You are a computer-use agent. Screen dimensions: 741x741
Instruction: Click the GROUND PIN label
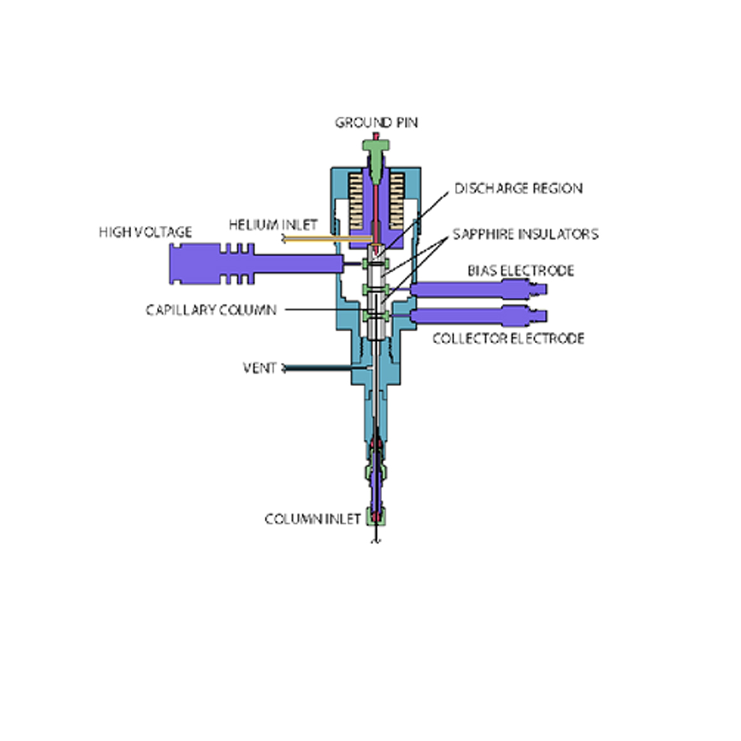pyautogui.click(x=376, y=123)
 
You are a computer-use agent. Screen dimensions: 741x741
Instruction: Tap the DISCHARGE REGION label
pyautogui.click(x=518, y=189)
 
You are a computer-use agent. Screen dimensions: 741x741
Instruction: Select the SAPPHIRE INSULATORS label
pyautogui.click(x=526, y=235)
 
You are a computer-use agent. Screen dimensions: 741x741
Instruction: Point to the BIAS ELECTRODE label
pyautogui.click(x=521, y=271)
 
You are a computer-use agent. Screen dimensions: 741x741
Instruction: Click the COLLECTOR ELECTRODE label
pyautogui.click(x=508, y=338)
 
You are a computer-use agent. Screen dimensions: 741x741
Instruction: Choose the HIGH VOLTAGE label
pyautogui.click(x=146, y=232)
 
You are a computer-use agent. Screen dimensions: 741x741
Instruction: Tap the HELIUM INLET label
pyautogui.click(x=273, y=225)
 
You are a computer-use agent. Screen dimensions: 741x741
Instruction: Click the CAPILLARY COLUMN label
pyautogui.click(x=211, y=310)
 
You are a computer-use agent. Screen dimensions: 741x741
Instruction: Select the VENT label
pyautogui.click(x=260, y=368)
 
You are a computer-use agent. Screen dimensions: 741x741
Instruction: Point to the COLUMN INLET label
pyautogui.click(x=312, y=520)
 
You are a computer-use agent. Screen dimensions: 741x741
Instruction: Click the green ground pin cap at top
pyautogui.click(x=376, y=145)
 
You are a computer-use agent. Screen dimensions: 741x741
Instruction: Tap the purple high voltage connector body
pyautogui.click(x=255, y=264)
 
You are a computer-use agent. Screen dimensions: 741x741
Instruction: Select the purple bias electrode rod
pyautogui.click(x=478, y=289)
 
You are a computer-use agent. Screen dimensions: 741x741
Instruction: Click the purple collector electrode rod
pyautogui.click(x=478, y=316)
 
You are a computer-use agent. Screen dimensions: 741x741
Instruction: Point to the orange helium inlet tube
pyautogui.click(x=327, y=239)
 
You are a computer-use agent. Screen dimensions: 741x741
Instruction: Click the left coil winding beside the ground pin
pyautogui.click(x=356, y=200)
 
